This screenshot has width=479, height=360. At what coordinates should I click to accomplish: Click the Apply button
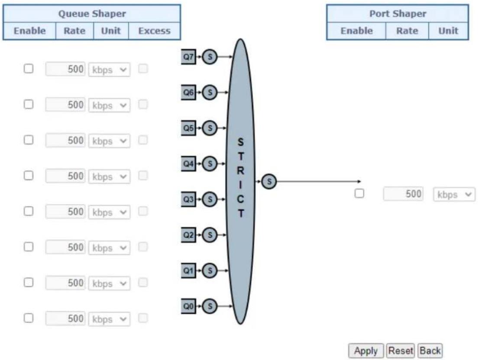(x=366, y=351)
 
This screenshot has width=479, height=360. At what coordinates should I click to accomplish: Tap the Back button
(x=430, y=351)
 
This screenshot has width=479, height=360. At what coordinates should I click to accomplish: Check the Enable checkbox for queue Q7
(x=29, y=68)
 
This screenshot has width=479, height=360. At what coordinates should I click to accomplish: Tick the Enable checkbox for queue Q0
(x=29, y=318)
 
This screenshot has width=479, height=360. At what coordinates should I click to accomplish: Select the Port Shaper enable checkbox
(x=359, y=193)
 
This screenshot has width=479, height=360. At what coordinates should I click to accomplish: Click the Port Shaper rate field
(x=403, y=194)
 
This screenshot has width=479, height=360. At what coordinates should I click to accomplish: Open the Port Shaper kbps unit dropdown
(x=454, y=194)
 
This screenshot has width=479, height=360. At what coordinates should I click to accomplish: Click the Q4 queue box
(x=188, y=164)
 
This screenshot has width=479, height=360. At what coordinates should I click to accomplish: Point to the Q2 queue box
(x=188, y=235)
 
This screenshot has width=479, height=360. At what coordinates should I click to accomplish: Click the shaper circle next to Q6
(x=210, y=92)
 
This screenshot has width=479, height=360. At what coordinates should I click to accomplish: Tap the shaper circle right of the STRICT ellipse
(x=269, y=182)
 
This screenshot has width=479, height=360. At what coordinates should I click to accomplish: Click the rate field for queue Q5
(x=65, y=140)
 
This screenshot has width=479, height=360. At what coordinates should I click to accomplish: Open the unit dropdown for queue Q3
(x=110, y=212)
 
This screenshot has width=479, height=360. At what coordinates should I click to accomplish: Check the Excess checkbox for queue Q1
(x=143, y=282)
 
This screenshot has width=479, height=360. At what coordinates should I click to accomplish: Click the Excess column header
(x=154, y=31)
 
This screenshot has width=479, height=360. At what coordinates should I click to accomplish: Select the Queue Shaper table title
(x=92, y=14)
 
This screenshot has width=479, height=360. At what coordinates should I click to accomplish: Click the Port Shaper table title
(x=398, y=14)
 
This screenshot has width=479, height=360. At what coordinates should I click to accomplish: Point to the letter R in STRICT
(x=240, y=170)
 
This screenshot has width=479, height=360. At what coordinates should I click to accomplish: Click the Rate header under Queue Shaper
(x=74, y=31)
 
